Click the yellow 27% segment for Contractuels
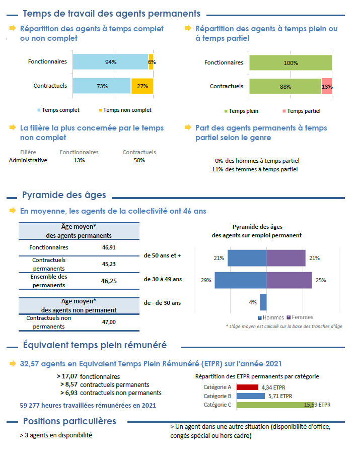[142, 86]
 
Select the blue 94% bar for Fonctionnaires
[110, 62]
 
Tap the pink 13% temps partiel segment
[327, 86]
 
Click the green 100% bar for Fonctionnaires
[291, 63]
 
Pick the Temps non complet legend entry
[124, 110]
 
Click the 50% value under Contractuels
[139, 160]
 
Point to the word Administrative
[28, 160]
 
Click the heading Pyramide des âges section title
[64, 196]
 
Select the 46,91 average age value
[109, 247]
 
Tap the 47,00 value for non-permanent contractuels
[109, 322]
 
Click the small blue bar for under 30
[263, 302]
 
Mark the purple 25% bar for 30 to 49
[289, 280]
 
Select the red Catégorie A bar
[247, 387]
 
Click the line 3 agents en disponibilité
[56, 434]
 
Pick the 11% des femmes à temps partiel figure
[255, 169]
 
